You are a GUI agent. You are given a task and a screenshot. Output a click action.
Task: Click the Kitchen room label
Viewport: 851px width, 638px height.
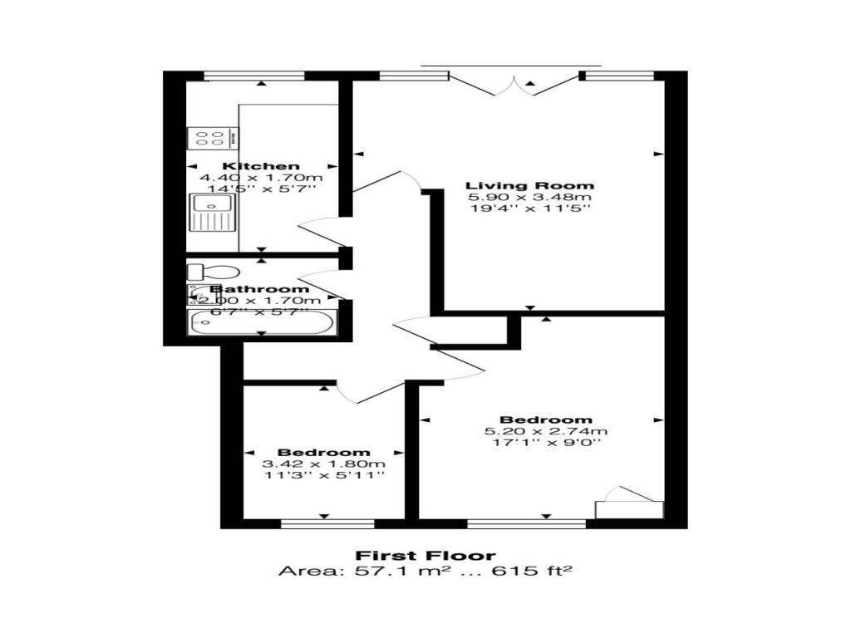(261, 166)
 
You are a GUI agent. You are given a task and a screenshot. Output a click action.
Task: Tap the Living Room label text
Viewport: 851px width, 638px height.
(529, 185)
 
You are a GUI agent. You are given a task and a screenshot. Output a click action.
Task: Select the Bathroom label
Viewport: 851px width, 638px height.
(259, 289)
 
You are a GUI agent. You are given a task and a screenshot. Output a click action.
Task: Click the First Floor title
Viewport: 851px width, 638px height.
(425, 556)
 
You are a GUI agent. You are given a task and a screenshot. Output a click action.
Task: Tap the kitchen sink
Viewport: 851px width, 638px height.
(213, 212)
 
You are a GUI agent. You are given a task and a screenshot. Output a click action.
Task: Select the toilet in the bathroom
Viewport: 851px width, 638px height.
(213, 272)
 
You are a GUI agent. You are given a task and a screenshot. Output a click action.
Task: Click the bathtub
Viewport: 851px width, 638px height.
(259, 322)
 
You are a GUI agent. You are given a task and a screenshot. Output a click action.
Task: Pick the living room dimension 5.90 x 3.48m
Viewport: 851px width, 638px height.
(529, 197)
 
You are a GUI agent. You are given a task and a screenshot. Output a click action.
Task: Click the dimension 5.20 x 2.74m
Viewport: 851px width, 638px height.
(546, 431)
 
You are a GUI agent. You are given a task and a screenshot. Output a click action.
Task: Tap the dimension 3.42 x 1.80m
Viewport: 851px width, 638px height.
(324, 464)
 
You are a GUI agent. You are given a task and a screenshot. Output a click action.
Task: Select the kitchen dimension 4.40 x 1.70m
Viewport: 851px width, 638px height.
(261, 178)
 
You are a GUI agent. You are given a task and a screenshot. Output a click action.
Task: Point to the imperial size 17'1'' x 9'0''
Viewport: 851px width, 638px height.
(546, 443)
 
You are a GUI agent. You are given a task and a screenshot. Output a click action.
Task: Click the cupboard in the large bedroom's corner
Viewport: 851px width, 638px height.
(630, 506)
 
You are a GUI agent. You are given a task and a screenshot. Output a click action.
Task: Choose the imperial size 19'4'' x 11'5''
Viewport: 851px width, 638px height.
(529, 209)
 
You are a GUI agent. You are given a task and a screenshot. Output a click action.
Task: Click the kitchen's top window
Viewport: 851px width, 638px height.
(254, 76)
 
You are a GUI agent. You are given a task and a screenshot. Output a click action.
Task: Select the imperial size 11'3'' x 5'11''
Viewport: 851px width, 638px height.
(324, 475)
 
